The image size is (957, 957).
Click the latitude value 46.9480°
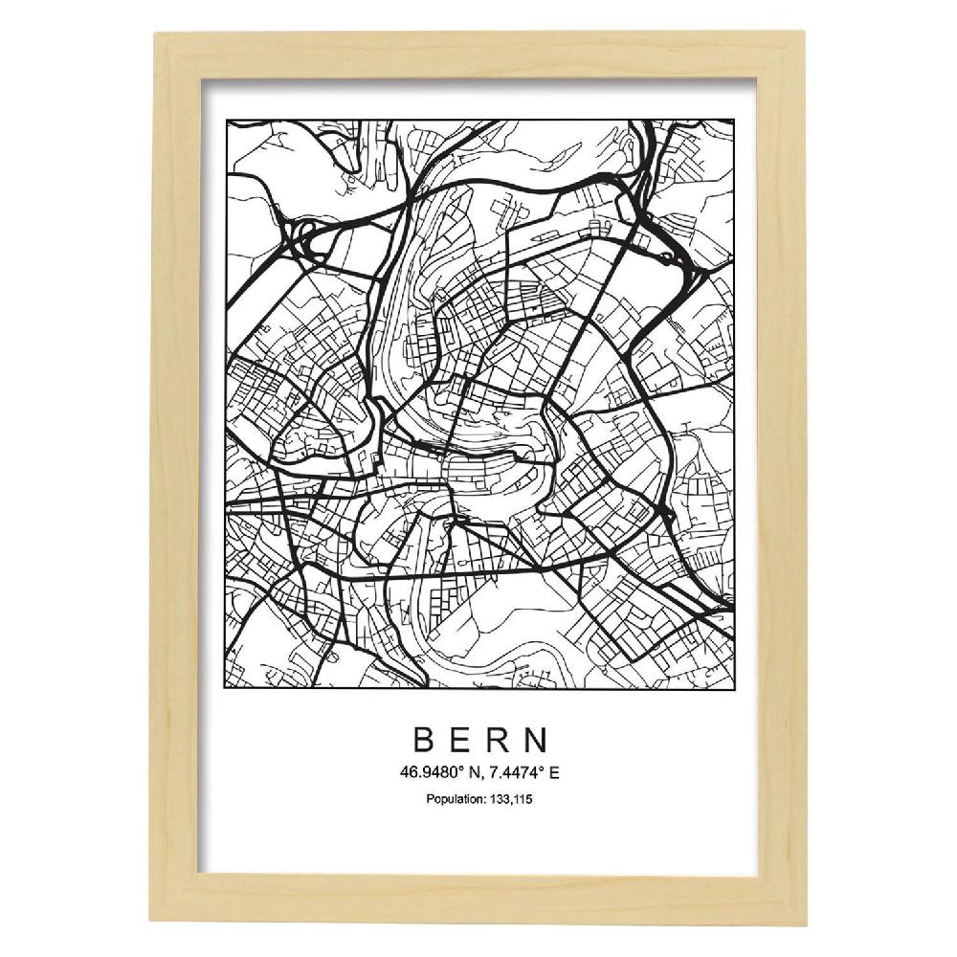click(434, 772)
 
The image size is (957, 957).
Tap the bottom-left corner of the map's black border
click(225, 689)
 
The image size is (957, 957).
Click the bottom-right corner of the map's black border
click(734, 689)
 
